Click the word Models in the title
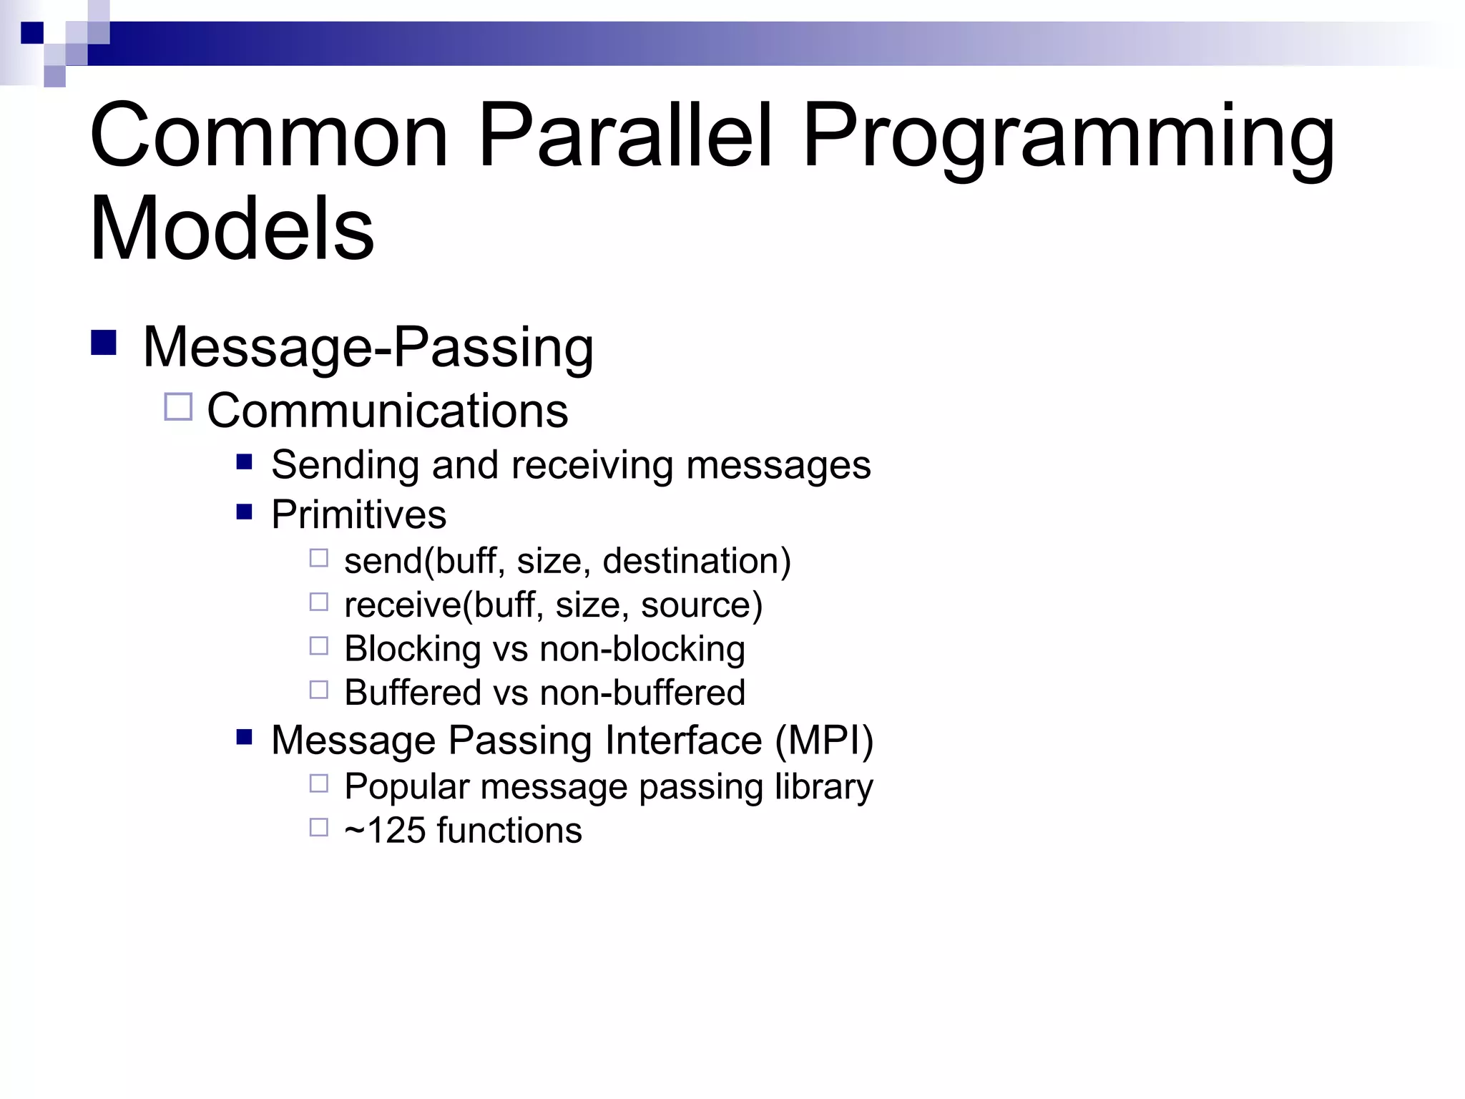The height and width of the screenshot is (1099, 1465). (232, 229)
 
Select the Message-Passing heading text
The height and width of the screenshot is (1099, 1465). (368, 348)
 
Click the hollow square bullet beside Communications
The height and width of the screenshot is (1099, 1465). (178, 407)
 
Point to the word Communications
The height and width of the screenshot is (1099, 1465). (387, 411)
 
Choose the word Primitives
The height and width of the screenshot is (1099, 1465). (358, 514)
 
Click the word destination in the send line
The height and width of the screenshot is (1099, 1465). (696, 561)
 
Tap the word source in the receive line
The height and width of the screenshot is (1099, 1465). (701, 605)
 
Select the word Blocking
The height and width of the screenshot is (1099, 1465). (413, 649)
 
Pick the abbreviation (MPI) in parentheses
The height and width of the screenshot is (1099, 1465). (824, 740)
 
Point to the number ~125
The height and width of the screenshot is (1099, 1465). (385, 831)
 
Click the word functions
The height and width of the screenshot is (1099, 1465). (509, 831)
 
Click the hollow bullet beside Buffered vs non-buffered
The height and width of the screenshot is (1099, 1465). (318, 690)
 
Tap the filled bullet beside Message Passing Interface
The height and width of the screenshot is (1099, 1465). (245, 736)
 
